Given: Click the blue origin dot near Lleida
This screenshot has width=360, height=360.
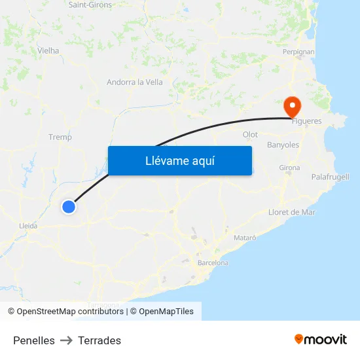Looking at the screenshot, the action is point(69,207).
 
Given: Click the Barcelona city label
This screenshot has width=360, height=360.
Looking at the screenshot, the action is point(213,262).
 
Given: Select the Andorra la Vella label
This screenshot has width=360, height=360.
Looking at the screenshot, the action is point(135,82).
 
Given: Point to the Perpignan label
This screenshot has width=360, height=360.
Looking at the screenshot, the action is point(298,51).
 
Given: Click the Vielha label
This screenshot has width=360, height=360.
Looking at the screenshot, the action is point(48,50).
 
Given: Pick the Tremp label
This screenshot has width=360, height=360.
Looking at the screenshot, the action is point(60,137).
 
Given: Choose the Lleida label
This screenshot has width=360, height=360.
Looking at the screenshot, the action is point(28,226).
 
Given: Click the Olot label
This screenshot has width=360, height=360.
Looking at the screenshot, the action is point(250,134).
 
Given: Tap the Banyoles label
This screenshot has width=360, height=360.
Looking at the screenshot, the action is point(283,145).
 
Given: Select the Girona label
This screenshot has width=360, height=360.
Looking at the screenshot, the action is point(289,168).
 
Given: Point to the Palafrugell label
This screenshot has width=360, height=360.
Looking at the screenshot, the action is point(330,177).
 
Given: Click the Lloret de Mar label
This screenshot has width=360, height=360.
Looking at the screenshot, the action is point(292,212).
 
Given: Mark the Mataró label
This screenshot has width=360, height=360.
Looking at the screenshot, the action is point(244,237).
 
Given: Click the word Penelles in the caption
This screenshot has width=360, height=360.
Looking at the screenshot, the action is point(34,340).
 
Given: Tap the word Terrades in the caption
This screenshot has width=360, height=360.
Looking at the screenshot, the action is point(99,340).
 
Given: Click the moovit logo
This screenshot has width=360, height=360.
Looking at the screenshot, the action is point(321,339).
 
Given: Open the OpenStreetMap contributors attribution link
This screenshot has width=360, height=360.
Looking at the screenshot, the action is point(70,312).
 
